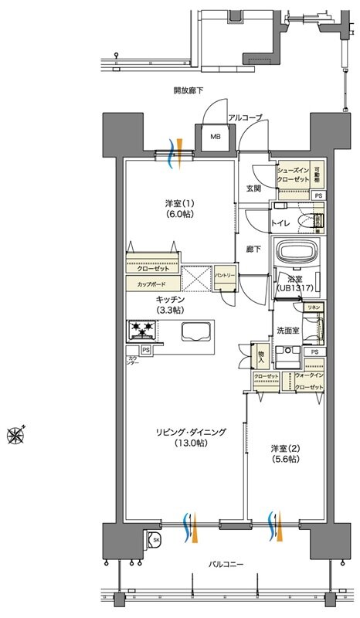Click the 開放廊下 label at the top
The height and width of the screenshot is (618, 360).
coord(188,90)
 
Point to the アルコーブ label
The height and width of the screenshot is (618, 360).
coord(244,117)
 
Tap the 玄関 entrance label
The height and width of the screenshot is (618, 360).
coord(253,188)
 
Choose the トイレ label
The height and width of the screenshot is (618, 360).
coord(280,223)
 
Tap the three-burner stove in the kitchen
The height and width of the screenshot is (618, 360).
coord(143,331)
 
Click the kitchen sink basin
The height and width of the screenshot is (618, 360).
coord(199,331)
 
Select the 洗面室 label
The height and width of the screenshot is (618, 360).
coord(287,330)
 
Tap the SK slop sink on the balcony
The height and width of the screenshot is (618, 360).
coord(155,539)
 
